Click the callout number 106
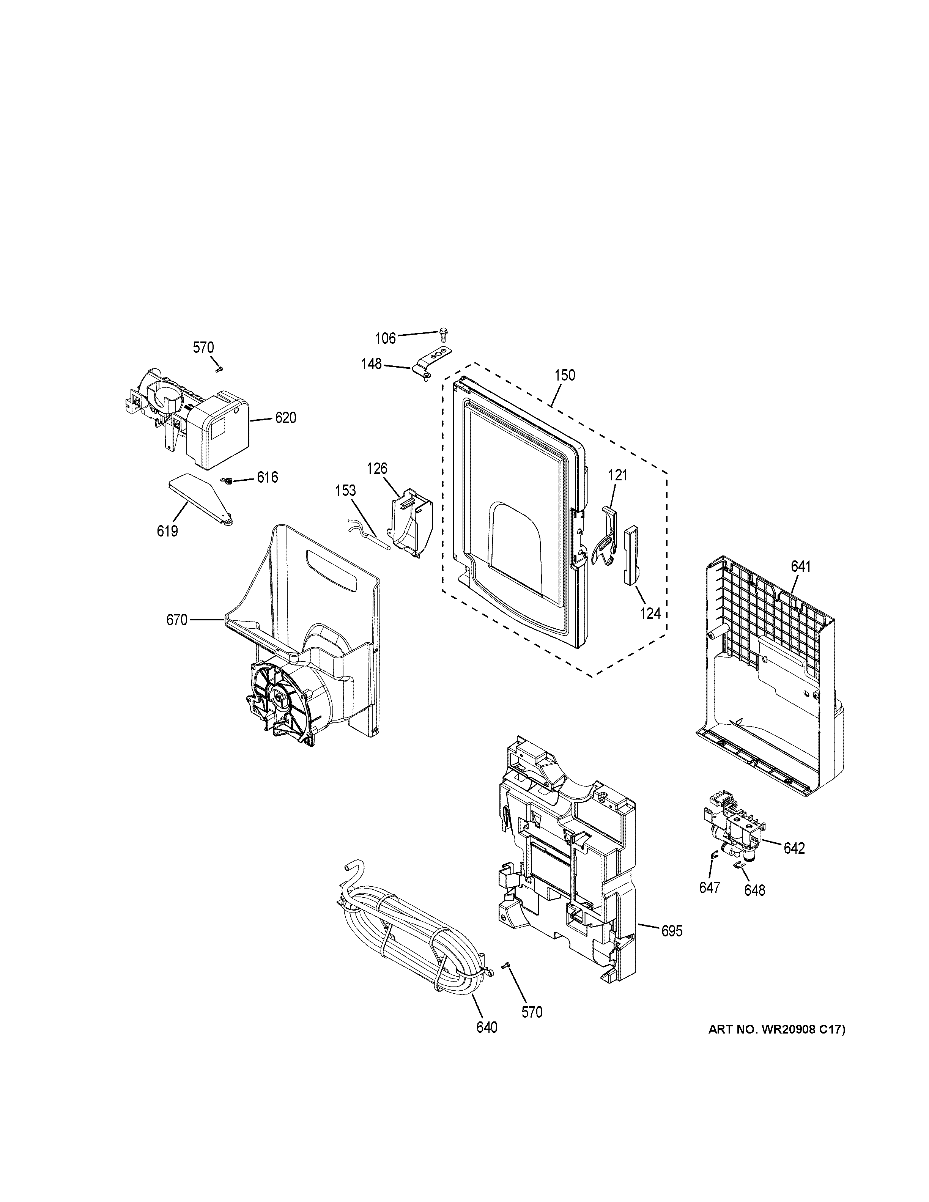(x=385, y=338)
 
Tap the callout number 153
(x=346, y=490)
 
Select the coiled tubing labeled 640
(x=407, y=936)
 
